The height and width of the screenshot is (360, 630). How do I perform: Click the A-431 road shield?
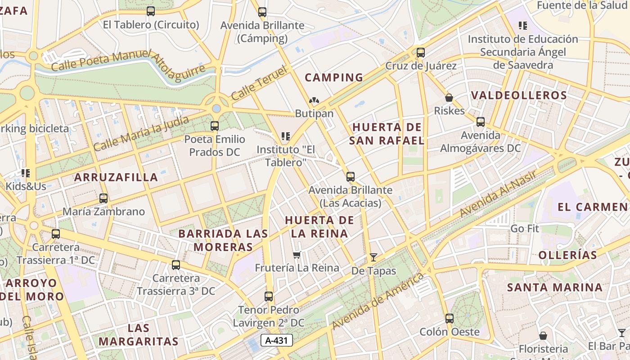(x=277, y=341)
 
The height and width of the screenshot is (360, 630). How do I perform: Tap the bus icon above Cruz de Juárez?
(x=421, y=53)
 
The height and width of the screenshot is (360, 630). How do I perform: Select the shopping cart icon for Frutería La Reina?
(x=297, y=255)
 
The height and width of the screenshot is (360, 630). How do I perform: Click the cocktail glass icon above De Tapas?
(x=373, y=257)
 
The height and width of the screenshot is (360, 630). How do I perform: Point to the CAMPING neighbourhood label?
(x=334, y=77)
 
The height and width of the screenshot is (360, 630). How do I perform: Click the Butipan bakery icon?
(x=314, y=101)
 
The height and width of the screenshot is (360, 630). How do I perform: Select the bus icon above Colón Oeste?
(x=449, y=319)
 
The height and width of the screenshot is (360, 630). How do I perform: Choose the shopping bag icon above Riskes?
(x=449, y=98)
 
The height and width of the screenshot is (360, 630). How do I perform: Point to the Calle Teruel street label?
(x=259, y=83)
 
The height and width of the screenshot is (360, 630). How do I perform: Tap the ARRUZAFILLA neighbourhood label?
(x=116, y=177)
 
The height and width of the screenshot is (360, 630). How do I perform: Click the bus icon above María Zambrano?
(x=103, y=198)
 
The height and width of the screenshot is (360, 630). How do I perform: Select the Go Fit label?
(x=525, y=229)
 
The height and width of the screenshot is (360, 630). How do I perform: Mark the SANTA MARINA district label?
(x=554, y=288)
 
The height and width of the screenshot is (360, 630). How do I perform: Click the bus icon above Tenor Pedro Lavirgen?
(x=269, y=297)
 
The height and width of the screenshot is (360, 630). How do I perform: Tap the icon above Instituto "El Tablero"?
(x=285, y=136)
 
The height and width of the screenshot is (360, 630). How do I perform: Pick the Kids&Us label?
(x=26, y=186)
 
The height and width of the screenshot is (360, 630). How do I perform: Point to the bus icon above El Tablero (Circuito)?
(x=151, y=11)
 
